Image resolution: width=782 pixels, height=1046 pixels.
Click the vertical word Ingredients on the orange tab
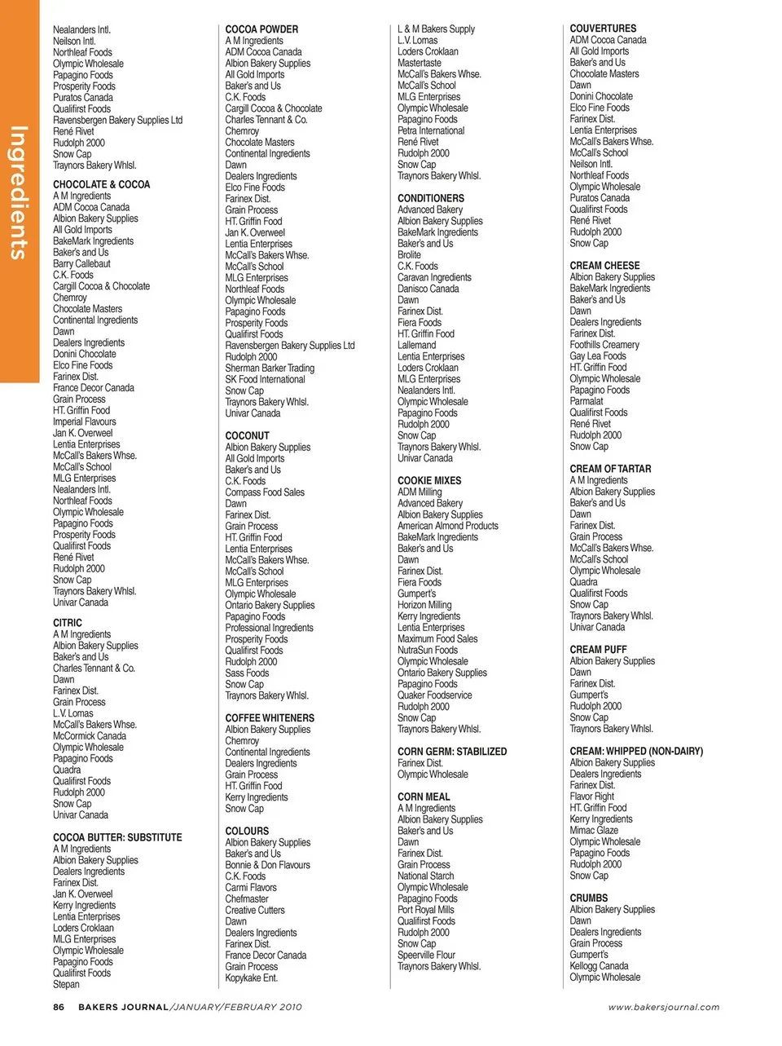tap(19, 192)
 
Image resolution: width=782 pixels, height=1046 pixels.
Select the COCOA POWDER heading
tap(261, 29)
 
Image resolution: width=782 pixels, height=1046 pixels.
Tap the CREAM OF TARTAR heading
tap(610, 469)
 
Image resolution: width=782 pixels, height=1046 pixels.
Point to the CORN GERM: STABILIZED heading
tap(452, 752)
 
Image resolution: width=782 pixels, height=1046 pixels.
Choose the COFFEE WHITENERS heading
tap(270, 718)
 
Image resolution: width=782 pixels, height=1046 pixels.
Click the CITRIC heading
tap(68, 623)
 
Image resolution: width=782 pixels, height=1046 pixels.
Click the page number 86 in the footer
tap(59, 1007)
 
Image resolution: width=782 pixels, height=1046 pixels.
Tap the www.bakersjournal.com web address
tap(664, 1007)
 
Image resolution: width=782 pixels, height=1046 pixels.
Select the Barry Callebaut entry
tap(81, 264)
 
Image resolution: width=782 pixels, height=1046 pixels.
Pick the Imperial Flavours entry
tap(85, 422)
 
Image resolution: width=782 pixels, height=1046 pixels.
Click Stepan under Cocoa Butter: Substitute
tap(67, 984)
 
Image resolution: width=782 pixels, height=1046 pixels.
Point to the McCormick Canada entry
tap(90, 736)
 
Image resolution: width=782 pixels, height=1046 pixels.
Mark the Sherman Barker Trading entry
tap(270, 369)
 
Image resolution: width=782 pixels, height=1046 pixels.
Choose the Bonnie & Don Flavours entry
tap(267, 865)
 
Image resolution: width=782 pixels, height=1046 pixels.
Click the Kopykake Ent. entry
tap(252, 978)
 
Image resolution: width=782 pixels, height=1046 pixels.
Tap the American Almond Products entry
tap(448, 526)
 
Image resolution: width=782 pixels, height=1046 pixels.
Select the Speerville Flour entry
tap(426, 955)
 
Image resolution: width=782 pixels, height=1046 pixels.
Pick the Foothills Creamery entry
tap(604, 345)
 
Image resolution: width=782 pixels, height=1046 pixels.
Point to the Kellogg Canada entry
tap(599, 966)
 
